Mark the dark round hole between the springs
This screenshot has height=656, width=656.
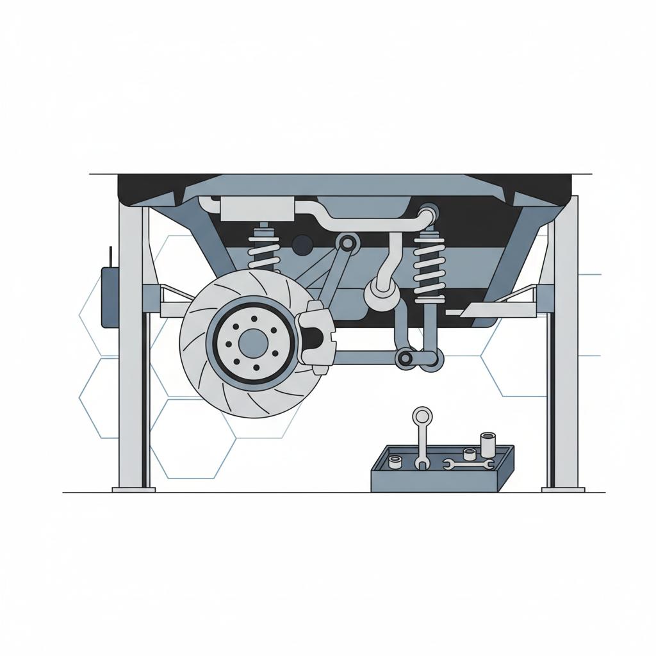point(302,243)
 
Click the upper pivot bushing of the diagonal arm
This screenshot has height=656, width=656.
point(348,243)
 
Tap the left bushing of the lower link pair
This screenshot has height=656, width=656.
point(405,359)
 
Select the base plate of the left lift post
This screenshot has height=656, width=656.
point(134,489)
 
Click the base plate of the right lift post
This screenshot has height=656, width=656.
point(562,489)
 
